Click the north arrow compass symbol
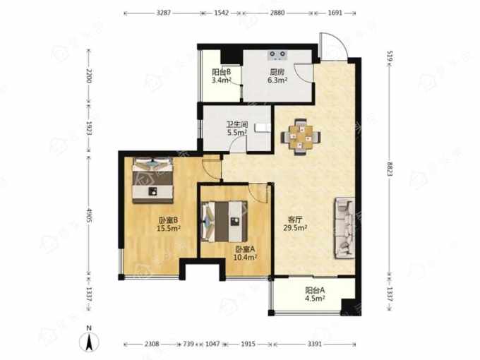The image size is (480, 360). tap(89, 342)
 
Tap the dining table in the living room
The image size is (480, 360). tap(301, 137)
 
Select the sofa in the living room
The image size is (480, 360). tap(345, 229)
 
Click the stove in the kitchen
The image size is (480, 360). tap(277, 55)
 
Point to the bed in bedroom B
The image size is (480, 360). tap(152, 180)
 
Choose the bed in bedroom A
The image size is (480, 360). tap(224, 221)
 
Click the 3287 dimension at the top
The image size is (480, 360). tap(164, 13)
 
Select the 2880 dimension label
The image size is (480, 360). tap(277, 13)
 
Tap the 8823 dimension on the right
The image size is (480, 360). tap(390, 169)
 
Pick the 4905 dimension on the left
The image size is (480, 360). tap(89, 215)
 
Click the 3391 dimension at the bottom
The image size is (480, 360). tap(314, 344)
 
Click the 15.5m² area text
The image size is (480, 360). tap(169, 228)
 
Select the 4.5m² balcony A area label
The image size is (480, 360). tap(315, 298)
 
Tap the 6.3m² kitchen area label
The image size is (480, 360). tap(277, 80)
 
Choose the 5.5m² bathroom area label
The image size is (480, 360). tap(237, 133)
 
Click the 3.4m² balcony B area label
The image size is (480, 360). tap(222, 80)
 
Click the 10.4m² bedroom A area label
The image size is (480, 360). tap(245, 258)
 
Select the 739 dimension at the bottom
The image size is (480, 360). tap(188, 344)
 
